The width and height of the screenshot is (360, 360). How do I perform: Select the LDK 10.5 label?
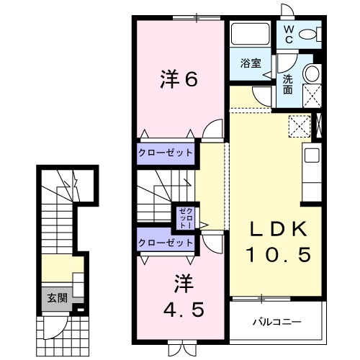coord(279,242)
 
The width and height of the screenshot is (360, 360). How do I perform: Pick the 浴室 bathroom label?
coord(251,64)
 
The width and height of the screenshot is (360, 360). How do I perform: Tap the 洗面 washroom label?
coord(288,84)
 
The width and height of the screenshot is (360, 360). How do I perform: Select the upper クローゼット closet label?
coord(166,153)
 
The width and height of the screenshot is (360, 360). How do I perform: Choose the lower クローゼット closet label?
coord(166,243)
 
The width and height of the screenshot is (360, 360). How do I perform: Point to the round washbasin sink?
coord(312,74)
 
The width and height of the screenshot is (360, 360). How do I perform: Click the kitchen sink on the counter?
coord(312,155)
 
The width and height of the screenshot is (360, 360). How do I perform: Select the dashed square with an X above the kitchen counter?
coord(298,126)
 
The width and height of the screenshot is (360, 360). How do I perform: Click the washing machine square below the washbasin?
coord(312,94)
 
